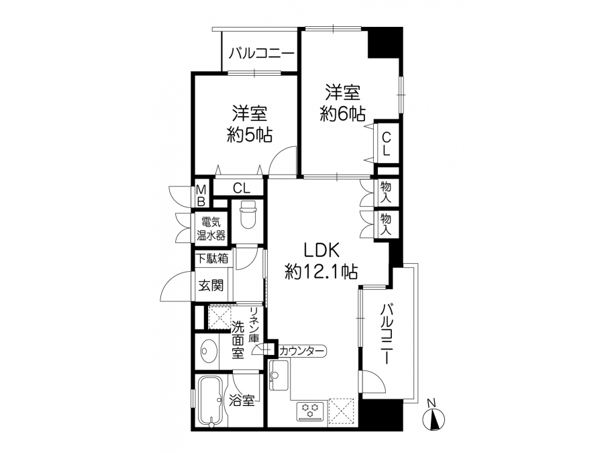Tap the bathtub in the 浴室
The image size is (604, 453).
coord(210,401)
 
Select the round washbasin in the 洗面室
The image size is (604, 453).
coord(207,351)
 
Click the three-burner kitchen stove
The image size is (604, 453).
coord(311,412)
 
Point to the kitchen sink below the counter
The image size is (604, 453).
coord(279,375)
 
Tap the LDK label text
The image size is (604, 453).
coord(321,251)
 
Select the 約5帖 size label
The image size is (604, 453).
coord(249,135)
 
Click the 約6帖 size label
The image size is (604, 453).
coord(342,114)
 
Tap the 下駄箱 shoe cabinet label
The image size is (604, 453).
coord(212,258)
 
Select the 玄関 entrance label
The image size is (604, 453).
coord(211,285)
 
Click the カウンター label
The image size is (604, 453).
coord(302,351)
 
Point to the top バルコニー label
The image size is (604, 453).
coord(262,54)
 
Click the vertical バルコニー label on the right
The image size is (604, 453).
coord(387,334)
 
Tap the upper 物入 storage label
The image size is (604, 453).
coord(385,192)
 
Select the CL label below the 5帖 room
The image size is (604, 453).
coord(241,188)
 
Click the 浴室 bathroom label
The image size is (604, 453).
coord(242,401)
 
